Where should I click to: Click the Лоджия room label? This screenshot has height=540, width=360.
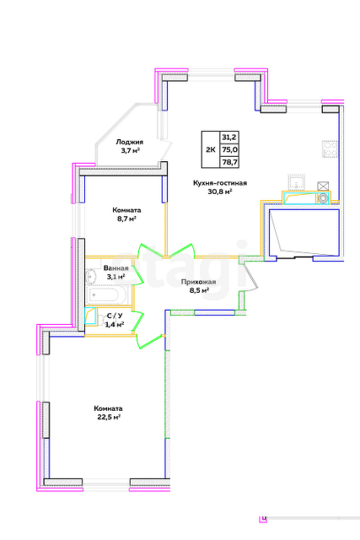coord(129,142)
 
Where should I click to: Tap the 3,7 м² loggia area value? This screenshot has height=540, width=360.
coord(129,151)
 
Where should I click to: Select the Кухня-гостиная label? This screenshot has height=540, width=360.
coord(220,183)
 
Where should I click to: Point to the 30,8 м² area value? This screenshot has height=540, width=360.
coord(219,192)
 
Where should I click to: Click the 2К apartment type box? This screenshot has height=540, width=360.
coord(211,149)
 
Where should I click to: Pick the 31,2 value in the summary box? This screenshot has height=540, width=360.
coord(229,137)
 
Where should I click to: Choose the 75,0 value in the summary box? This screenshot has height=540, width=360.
coord(229,149)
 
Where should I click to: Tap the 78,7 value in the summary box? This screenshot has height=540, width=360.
coord(229,162)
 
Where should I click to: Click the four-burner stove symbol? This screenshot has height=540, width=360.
coord(330,149)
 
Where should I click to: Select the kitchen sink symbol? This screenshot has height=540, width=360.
coord(297,182)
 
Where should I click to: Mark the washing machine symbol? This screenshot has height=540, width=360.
coord(323,198)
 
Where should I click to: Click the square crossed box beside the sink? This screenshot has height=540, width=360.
coord(323,186)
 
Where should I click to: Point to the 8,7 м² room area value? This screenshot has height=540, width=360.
coord(126,219)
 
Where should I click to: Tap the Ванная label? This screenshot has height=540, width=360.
coord(116,268)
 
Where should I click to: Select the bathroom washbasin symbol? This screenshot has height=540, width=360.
coord(92,276)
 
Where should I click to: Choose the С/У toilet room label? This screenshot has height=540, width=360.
coord(115,315)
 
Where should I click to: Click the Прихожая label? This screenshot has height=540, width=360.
coord(199,282)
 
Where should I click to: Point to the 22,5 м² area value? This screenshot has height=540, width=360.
coord(108,418)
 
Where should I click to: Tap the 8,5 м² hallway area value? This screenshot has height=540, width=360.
coord(199,290)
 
